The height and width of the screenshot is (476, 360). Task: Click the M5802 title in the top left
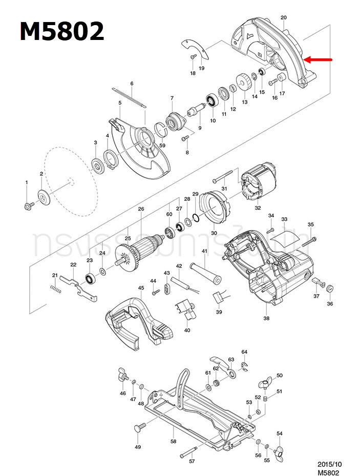pyautogui.click(x=62, y=32)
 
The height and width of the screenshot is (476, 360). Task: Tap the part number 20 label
pyautogui.click(x=284, y=18)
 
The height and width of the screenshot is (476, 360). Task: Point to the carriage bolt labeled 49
pyautogui.click(x=139, y=427)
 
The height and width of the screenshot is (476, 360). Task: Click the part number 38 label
pyautogui.click(x=266, y=318)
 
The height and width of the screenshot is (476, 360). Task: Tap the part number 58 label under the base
pyautogui.click(x=173, y=441)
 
